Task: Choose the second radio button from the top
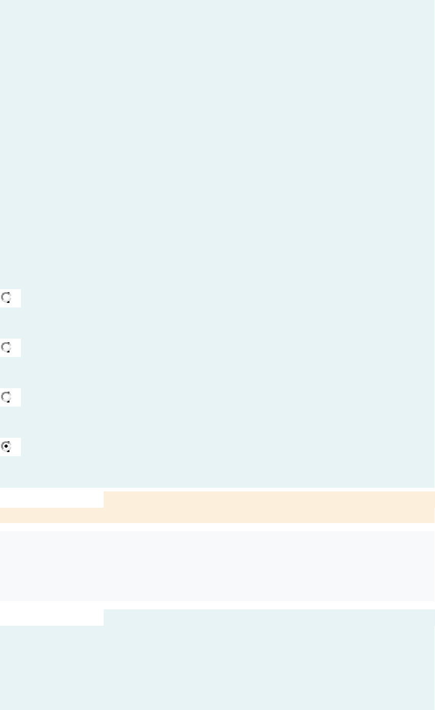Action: [x=6, y=347]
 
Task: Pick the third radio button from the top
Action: [x=6, y=396]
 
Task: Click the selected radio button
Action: [x=6, y=446]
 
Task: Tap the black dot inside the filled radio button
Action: [x=6, y=446]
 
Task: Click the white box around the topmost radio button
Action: [x=15, y=298]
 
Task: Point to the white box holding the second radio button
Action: [x=15, y=348]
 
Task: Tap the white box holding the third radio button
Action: [x=15, y=397]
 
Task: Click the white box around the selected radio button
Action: [x=15, y=447]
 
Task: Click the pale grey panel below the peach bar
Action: [x=217, y=566]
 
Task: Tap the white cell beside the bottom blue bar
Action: [x=52, y=618]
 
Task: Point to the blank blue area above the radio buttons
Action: [x=217, y=143]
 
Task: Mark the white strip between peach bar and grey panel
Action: [x=217, y=527]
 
